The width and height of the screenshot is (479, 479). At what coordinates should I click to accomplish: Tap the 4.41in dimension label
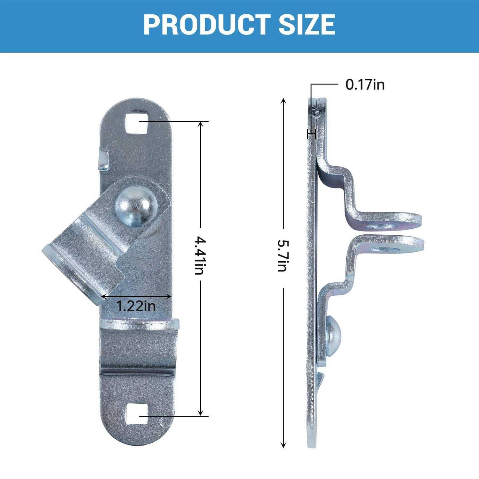(200, 255)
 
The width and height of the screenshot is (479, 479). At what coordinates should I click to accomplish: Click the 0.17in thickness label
(365, 85)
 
